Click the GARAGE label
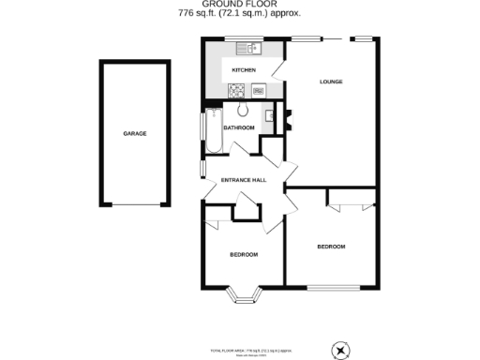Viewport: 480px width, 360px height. click(134, 134)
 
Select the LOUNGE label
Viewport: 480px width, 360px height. click(331, 82)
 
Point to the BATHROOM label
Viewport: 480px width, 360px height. click(239, 127)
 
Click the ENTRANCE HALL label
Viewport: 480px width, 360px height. click(244, 180)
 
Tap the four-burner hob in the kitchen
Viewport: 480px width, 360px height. click(237, 91)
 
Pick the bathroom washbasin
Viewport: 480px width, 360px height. click(269, 116)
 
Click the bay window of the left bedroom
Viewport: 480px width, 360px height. click(246, 295)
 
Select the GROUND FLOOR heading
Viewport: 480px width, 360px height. click(239, 5)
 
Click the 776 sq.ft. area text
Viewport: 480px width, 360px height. click(239, 16)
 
